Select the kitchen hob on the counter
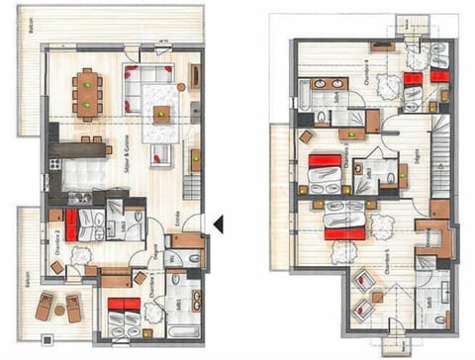(80, 197)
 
